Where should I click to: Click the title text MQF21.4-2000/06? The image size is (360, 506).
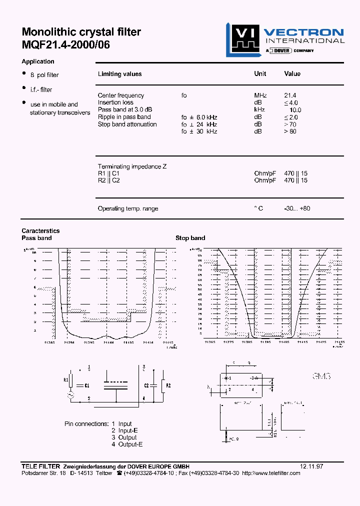[x=65, y=44]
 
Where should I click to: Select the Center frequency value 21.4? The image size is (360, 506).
[x=290, y=95]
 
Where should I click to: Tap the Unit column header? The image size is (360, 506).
[x=260, y=74]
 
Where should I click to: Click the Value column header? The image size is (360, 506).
[x=292, y=74]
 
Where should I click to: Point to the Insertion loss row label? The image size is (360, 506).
[x=115, y=102]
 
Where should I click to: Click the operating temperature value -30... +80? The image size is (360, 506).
[x=297, y=208]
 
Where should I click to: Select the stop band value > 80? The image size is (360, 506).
[x=290, y=131]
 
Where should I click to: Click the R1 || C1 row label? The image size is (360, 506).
[x=108, y=173]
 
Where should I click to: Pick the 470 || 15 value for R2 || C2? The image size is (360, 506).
[x=295, y=180]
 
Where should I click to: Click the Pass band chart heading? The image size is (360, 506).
[x=36, y=238]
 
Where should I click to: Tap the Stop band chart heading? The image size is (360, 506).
[x=190, y=238]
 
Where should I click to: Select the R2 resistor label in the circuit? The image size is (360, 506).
[x=168, y=385]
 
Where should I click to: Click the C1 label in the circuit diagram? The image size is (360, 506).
[x=86, y=385]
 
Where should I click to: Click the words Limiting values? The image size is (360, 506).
[x=119, y=74]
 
